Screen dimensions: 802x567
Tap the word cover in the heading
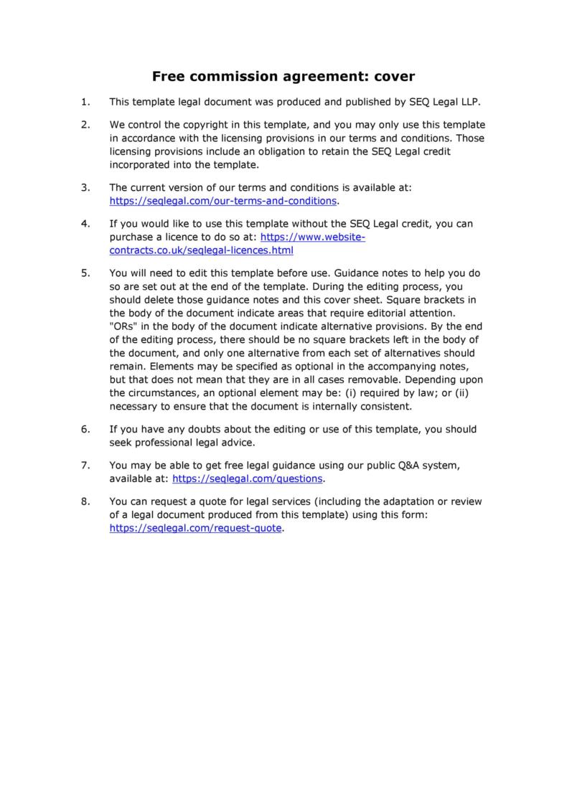point(390,76)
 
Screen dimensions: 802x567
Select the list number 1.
point(85,102)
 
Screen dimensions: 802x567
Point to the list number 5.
point(85,273)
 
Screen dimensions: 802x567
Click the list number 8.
point(85,501)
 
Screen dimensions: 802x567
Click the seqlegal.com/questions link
point(248,478)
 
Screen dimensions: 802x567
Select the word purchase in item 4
point(132,237)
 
